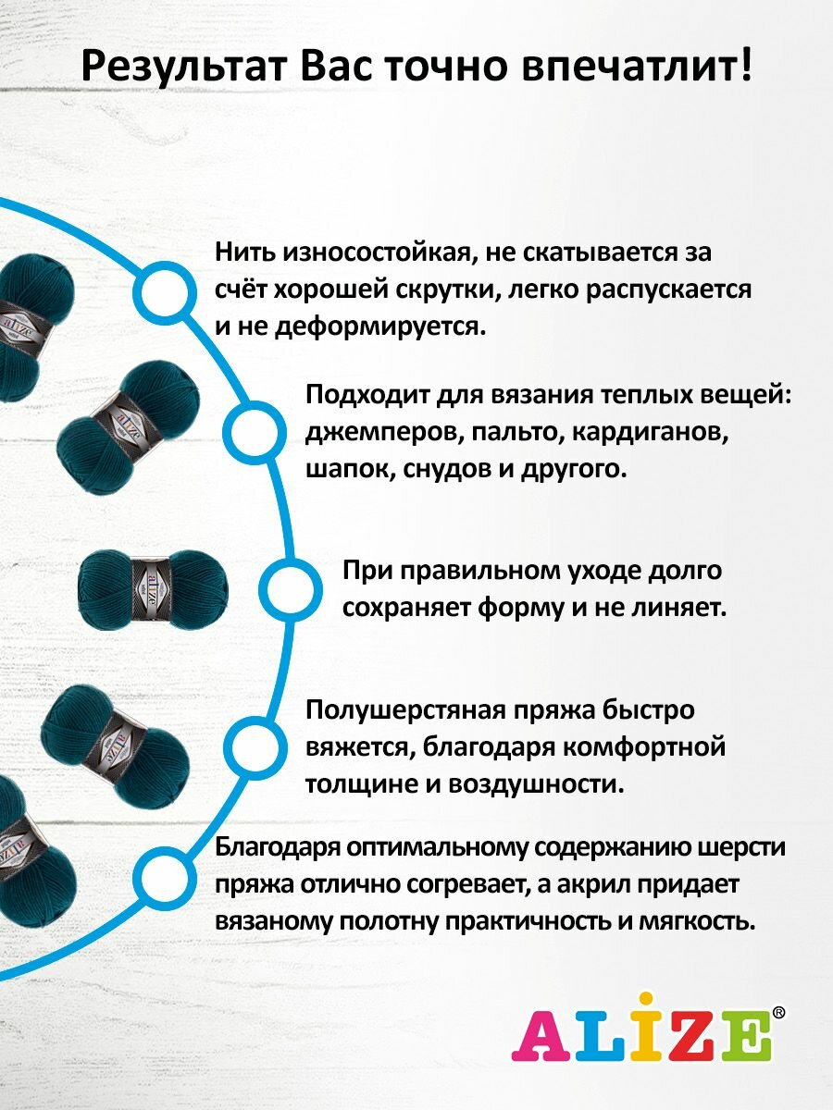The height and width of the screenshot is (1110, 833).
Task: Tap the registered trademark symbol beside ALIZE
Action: pyautogui.click(x=778, y=1014)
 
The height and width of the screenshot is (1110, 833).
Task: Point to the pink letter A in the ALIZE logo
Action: pyautogui.click(x=537, y=1038)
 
